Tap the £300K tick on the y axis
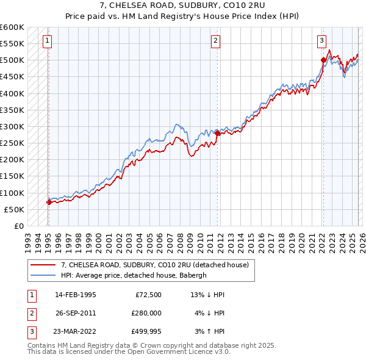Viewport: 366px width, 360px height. tap(12, 126)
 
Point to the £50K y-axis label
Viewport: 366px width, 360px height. tap(14, 209)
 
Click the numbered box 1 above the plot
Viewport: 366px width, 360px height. tap(48, 41)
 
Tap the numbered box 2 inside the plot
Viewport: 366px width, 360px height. tap(216, 41)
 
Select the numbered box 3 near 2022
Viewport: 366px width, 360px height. tap(321, 41)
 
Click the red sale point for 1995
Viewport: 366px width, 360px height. tap(49, 202)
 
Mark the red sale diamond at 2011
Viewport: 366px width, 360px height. tap(217, 133)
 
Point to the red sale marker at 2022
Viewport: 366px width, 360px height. tap(323, 60)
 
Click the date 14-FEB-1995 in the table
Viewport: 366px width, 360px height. tap(75, 295)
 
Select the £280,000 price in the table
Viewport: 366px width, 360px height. tap(146, 313)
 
